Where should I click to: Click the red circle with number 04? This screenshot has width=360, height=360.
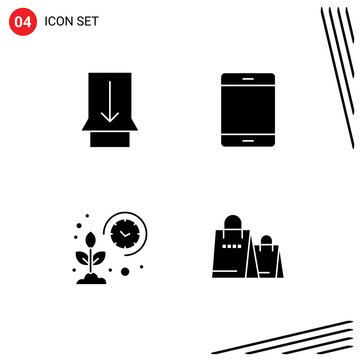coord(22,21)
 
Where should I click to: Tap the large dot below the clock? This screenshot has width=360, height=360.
coord(125,270)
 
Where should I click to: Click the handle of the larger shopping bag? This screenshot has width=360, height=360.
coord(231,222)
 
